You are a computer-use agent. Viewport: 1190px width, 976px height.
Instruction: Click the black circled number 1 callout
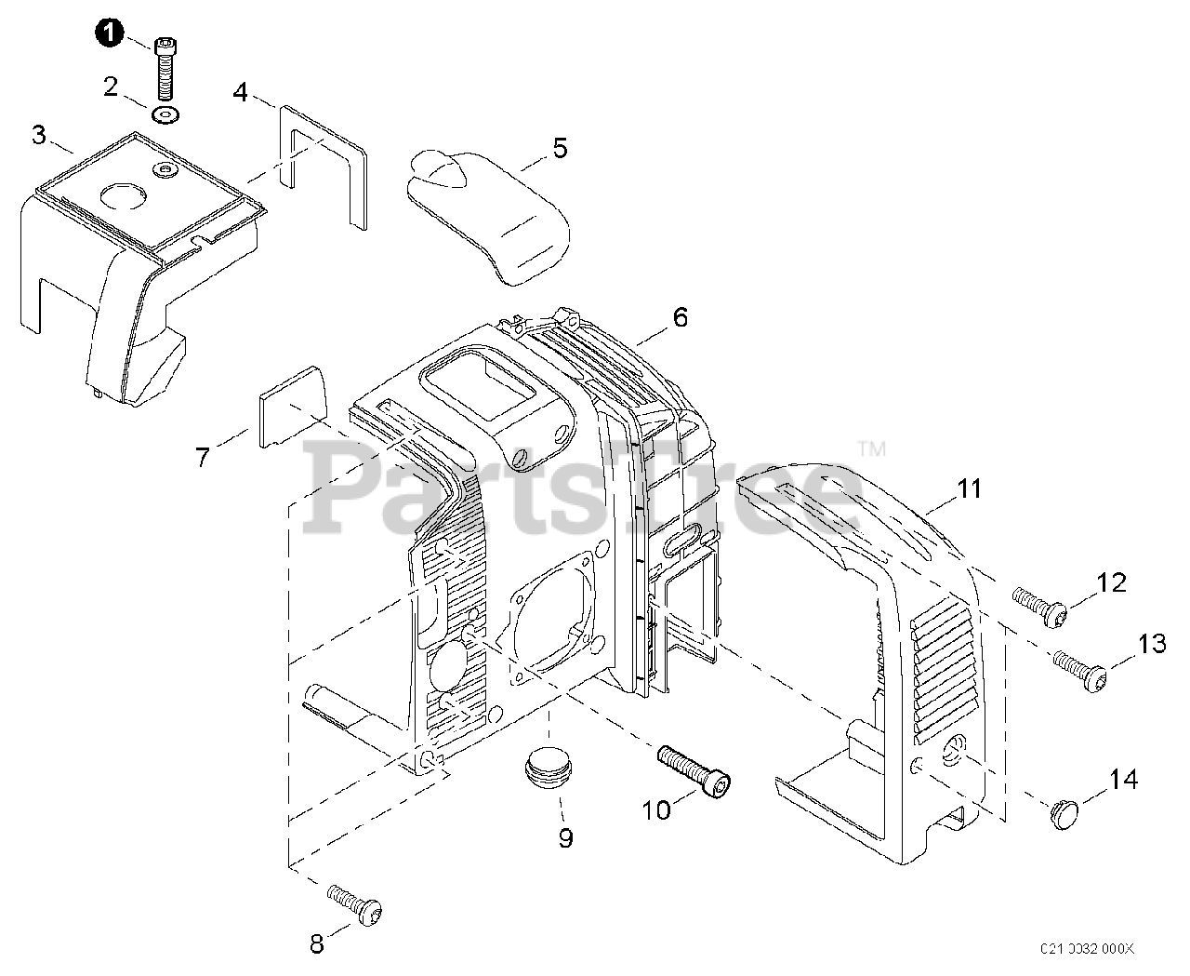click(x=109, y=33)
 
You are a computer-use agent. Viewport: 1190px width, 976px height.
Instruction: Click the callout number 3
click(x=38, y=135)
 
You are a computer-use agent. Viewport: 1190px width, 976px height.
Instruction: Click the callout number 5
click(x=560, y=148)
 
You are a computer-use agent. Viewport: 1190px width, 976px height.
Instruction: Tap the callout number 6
click(x=681, y=317)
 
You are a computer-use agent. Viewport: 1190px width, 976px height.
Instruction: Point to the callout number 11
click(x=970, y=488)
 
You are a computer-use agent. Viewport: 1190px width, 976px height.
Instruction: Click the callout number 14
click(x=1123, y=779)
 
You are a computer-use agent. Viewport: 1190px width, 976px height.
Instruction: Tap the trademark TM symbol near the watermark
click(x=871, y=449)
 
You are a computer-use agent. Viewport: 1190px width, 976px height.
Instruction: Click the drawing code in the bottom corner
click(x=1087, y=948)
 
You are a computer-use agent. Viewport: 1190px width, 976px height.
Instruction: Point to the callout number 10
click(x=656, y=809)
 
